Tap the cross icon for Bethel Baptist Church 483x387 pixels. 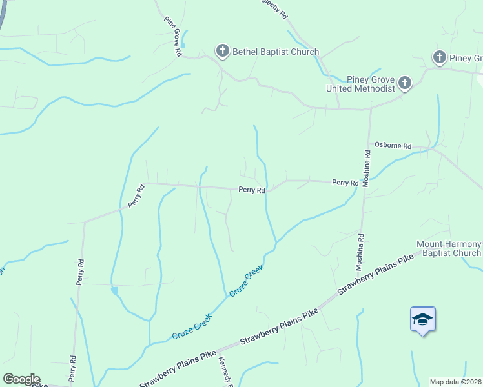[223, 51]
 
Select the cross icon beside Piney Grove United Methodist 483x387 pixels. [405, 83]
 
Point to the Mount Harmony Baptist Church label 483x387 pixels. [449, 248]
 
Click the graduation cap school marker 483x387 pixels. [422, 319]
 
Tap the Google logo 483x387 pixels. [21, 379]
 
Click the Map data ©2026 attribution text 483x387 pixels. [456, 382]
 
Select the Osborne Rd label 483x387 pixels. [393, 146]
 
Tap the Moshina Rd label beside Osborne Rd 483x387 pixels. [366, 168]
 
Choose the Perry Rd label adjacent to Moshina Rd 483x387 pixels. [345, 183]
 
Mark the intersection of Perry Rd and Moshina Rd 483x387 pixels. [365, 182]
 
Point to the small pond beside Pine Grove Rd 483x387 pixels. [183, 45]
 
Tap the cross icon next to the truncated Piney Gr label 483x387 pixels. [440, 58]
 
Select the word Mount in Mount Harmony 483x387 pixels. [430, 244]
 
